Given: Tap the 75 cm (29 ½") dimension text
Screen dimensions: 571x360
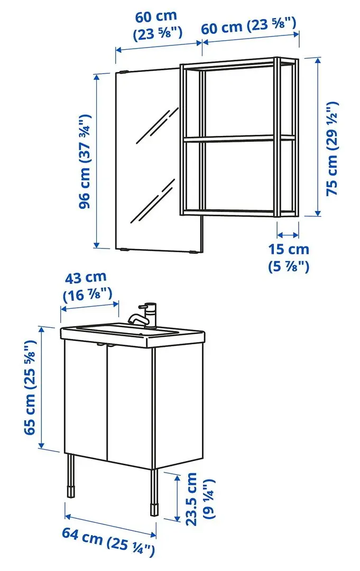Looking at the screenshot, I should click(x=331, y=149).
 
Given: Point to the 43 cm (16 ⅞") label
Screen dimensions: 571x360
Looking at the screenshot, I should click(x=87, y=286).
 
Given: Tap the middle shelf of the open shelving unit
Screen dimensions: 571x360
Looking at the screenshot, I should click(x=238, y=138).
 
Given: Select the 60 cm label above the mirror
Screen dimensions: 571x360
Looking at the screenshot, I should click(x=156, y=24).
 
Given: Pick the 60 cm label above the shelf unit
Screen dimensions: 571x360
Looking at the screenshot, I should click(x=248, y=26).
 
